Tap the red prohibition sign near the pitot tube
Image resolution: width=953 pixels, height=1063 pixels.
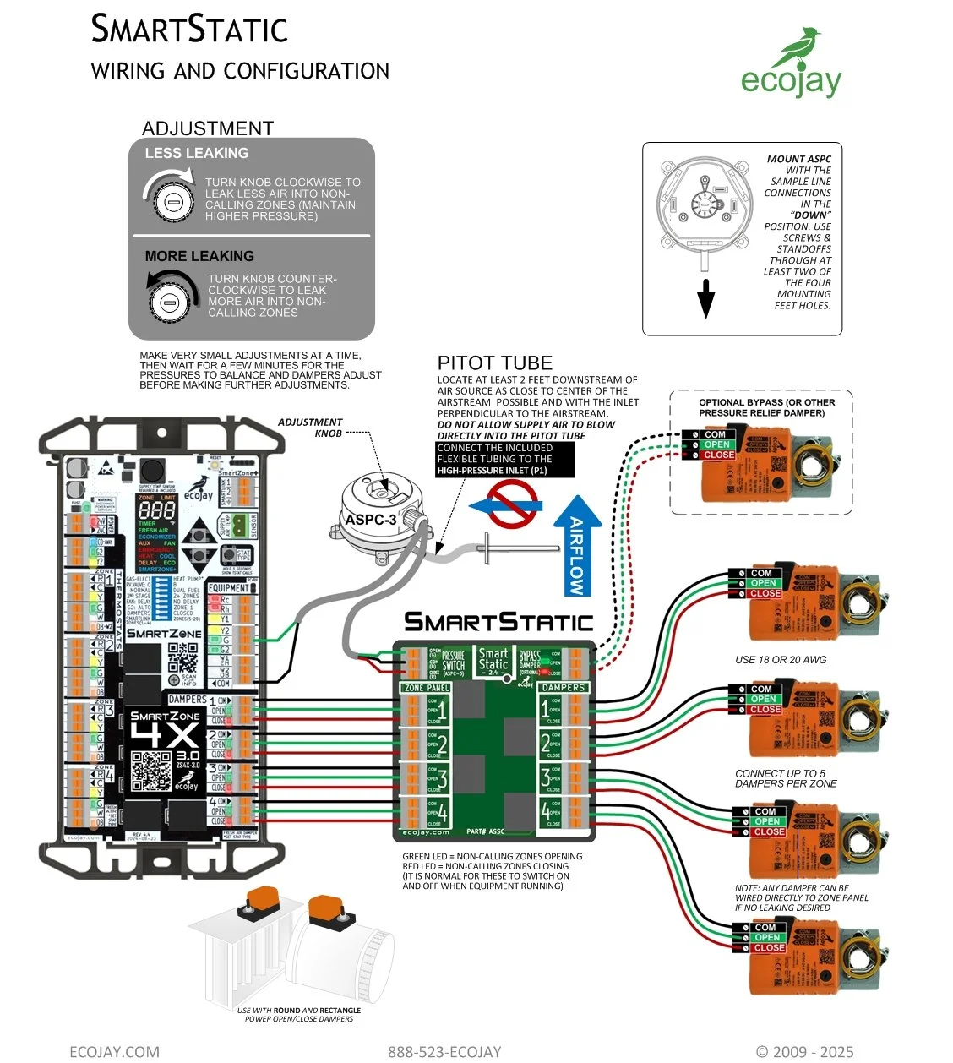point(515,504)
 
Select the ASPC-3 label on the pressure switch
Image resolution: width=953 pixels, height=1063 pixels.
point(370,520)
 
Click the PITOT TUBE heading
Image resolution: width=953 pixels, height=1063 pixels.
point(494,363)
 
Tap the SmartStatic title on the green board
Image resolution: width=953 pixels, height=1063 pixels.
point(498,623)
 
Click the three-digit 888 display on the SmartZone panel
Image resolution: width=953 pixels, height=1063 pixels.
point(156,511)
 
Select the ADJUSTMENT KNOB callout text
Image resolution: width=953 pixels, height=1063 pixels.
point(310,428)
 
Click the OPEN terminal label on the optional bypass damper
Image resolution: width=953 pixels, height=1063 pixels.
point(717,444)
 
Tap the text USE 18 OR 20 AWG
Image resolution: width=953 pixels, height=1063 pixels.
point(781,660)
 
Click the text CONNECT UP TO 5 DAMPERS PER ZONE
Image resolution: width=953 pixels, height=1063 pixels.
point(786,778)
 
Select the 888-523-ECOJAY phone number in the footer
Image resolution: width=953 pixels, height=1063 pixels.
point(444,1051)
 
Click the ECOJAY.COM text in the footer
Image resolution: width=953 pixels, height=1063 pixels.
point(114,1051)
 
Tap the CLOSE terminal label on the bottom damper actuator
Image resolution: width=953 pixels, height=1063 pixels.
point(768,948)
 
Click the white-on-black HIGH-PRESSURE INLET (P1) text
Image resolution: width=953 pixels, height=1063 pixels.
point(492,471)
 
